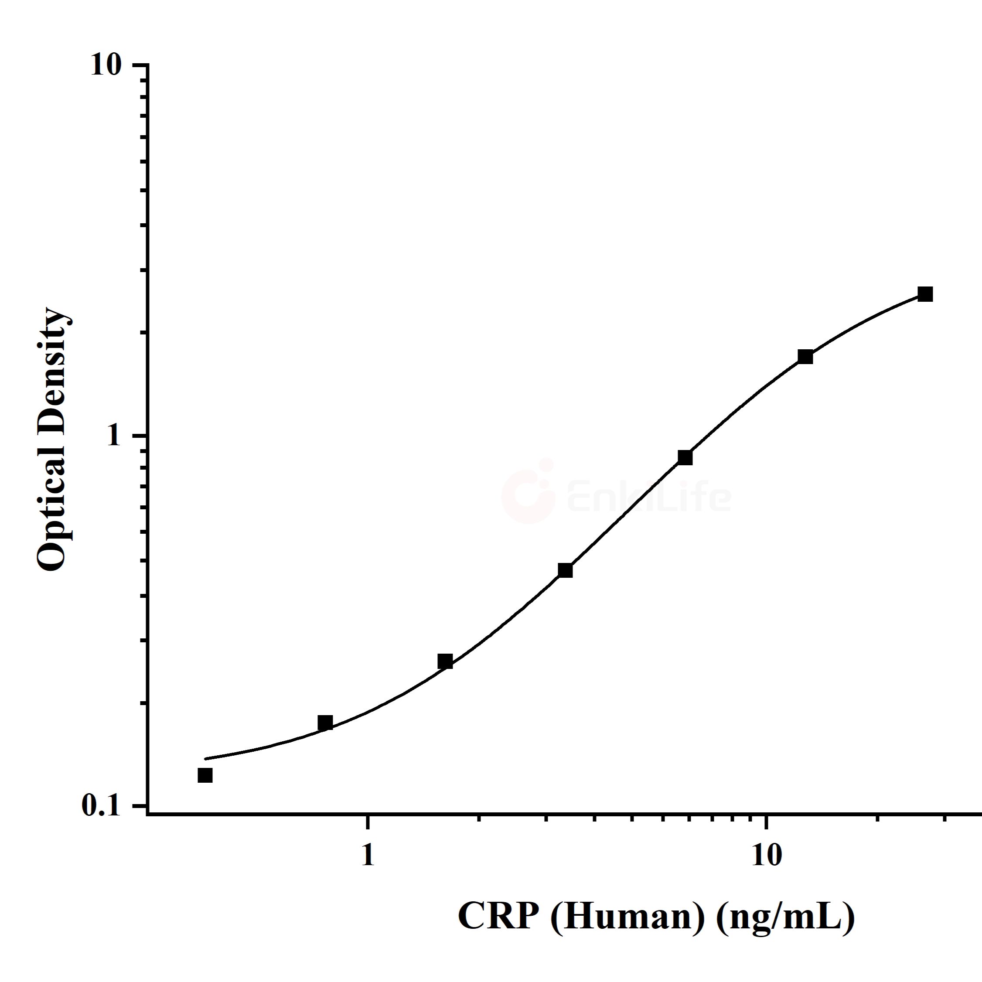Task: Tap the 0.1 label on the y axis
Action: click(101, 807)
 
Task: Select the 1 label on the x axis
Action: click(367, 856)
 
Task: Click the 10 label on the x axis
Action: click(765, 856)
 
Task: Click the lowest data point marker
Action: click(205, 775)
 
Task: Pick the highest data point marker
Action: click(925, 294)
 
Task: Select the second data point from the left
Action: click(325, 723)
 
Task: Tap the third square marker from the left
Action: click(445, 661)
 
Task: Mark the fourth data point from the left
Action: click(565, 570)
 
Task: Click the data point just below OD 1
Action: click(685, 457)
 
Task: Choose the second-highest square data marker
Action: click(805, 357)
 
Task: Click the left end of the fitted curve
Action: click(206, 759)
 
